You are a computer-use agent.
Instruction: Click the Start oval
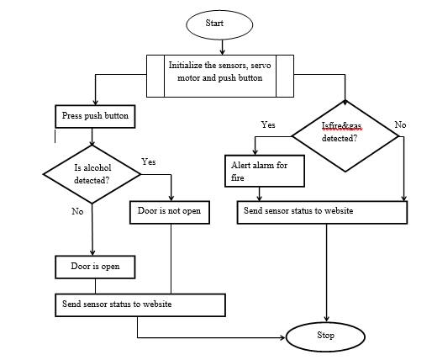(x=219, y=24)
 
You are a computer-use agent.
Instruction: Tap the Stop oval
(x=325, y=336)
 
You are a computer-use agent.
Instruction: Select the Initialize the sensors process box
(x=220, y=76)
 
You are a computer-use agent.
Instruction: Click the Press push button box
(x=95, y=116)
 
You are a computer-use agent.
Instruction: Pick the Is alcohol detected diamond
(x=92, y=174)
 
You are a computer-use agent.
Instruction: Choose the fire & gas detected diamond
(x=345, y=136)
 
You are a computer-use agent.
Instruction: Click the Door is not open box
(x=170, y=212)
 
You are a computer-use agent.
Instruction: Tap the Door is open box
(x=95, y=267)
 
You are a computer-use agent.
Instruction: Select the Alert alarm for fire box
(x=265, y=171)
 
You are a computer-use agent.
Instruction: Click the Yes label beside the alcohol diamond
(x=149, y=161)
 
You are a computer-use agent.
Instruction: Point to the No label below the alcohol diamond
(x=77, y=211)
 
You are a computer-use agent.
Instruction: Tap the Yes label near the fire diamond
(x=268, y=124)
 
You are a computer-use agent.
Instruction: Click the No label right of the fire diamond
(x=400, y=124)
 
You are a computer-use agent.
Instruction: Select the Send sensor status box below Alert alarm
(x=322, y=212)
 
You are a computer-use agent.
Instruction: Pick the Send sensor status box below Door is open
(x=140, y=305)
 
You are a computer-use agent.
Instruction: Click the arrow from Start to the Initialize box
(x=222, y=47)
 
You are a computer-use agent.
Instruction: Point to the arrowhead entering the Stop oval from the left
(x=283, y=337)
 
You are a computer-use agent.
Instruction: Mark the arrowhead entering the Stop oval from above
(x=326, y=319)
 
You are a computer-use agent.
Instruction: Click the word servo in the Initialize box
(x=261, y=66)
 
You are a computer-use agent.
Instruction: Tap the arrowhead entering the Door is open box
(x=92, y=252)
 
